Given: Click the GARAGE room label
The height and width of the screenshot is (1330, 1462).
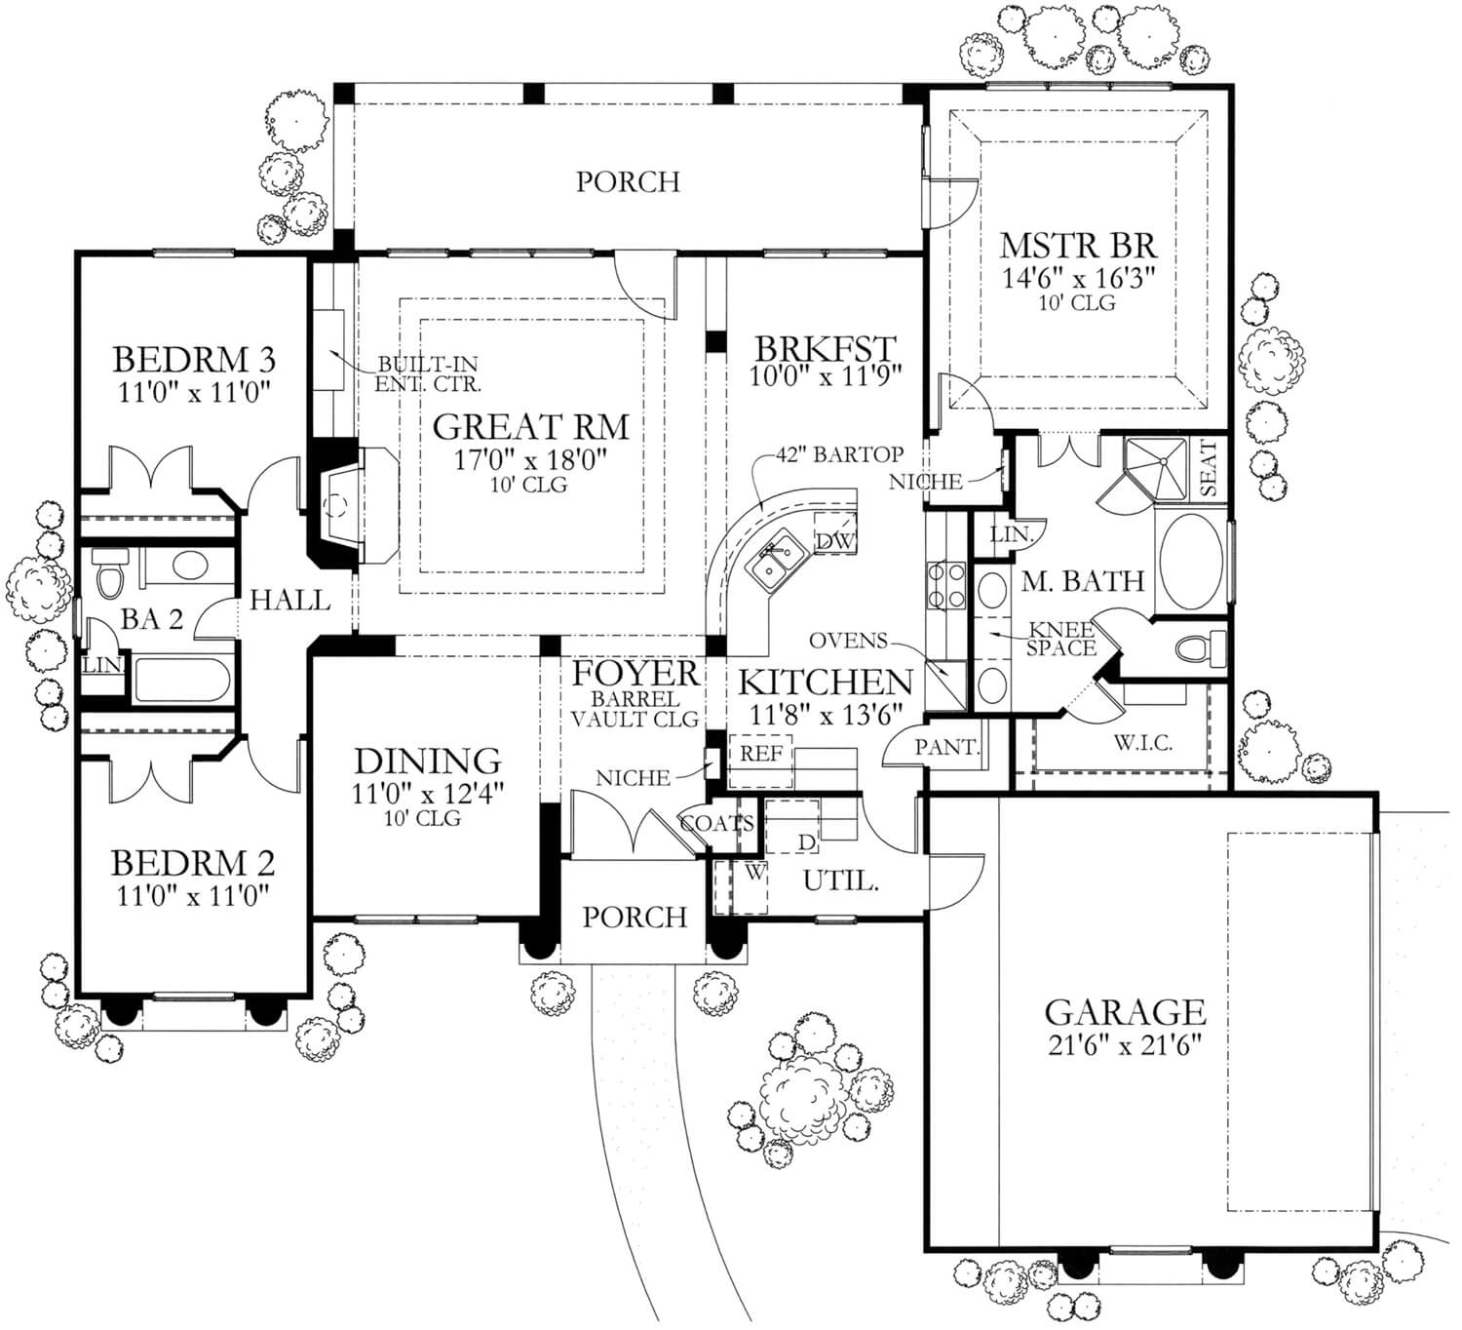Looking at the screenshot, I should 1125,1010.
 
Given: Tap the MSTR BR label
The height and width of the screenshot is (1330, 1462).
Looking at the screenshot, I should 1078,244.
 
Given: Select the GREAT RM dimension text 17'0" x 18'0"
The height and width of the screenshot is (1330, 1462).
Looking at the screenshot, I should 531,459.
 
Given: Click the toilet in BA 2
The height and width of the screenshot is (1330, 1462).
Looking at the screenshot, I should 109,572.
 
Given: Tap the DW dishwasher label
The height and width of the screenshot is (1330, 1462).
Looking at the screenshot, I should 833,540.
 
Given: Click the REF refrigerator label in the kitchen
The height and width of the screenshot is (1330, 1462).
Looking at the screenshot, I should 761,754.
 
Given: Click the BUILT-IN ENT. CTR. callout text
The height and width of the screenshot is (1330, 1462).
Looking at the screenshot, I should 427,373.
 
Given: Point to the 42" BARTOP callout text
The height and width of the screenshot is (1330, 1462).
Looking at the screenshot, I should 839,454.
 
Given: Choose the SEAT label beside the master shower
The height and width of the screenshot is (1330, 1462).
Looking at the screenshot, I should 1209,468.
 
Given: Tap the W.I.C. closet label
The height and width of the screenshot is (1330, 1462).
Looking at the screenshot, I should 1142,743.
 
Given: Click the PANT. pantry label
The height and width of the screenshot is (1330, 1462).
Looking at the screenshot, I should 946,748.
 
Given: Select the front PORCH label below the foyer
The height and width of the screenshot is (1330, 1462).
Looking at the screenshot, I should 635,917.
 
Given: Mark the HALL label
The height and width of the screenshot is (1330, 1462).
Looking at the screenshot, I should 289,600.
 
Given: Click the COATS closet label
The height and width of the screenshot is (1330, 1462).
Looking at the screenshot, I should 716,824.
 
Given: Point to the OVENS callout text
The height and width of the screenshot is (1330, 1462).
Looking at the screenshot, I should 848,641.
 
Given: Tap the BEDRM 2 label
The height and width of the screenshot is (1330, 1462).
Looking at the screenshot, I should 192,863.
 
